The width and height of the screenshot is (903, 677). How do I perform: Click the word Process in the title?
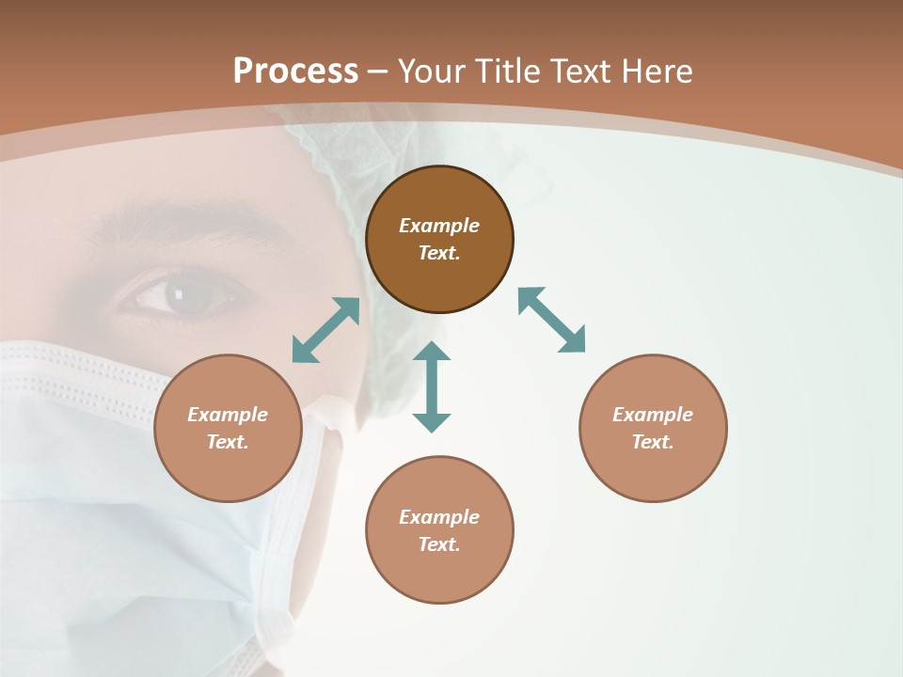[x=295, y=71]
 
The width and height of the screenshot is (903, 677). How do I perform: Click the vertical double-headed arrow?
[x=432, y=387]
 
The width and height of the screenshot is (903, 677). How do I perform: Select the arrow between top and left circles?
[x=325, y=330]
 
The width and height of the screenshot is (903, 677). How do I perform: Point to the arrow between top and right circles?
[x=551, y=320]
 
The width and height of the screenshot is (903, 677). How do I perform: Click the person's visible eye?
[x=183, y=296]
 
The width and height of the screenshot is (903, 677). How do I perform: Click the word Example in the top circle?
[x=439, y=226]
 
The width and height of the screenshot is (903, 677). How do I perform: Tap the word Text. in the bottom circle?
[x=439, y=544]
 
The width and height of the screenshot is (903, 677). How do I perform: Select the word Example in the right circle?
[x=653, y=415]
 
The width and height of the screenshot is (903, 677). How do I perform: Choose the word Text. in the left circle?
[x=228, y=442]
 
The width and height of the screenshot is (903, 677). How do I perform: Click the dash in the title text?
[x=377, y=71]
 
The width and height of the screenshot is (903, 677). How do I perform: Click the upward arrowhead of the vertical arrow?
[x=432, y=352]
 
